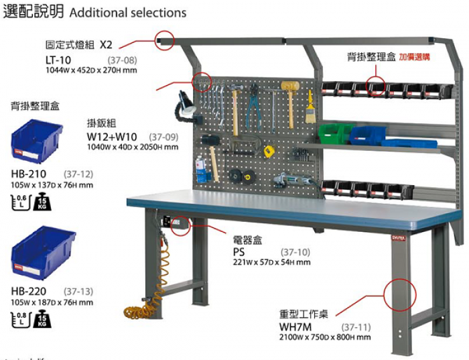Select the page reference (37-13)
[78, 292]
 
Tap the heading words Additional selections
[127, 12]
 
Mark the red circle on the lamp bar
[164, 40]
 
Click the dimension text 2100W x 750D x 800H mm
[325, 338]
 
